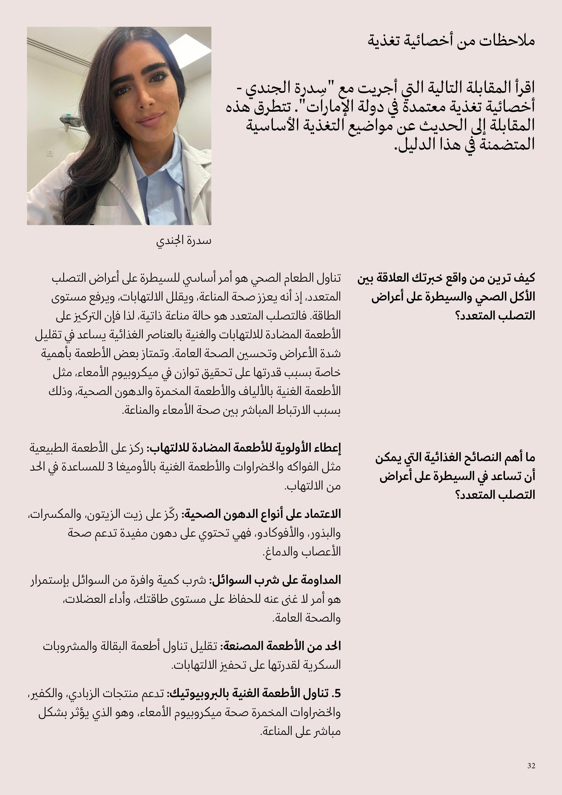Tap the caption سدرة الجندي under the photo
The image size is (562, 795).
click(x=184, y=241)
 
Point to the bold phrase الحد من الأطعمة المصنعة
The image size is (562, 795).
click(x=281, y=646)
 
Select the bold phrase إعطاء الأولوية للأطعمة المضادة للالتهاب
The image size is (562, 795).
click(x=244, y=448)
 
